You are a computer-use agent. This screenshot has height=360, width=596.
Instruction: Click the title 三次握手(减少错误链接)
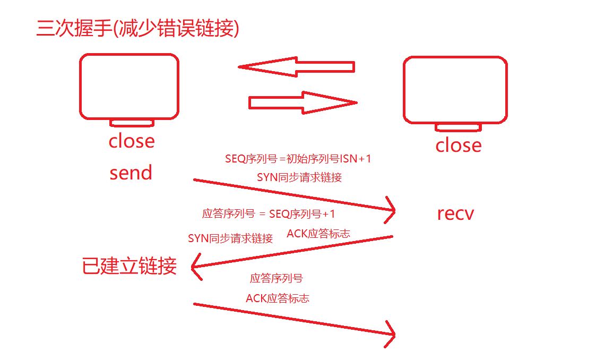(137, 28)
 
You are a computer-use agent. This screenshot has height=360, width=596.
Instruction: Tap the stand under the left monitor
(132, 123)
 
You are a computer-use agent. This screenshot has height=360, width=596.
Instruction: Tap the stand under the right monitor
(459, 127)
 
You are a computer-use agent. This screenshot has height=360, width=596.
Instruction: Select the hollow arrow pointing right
(303, 102)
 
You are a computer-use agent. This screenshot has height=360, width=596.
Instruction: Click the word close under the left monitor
(132, 141)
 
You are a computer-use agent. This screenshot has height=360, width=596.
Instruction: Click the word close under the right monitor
(459, 145)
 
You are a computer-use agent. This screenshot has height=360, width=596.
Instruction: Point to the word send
(131, 173)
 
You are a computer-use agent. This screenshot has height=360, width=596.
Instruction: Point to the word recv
(455, 213)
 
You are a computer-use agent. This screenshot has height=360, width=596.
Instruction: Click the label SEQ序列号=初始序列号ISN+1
(298, 159)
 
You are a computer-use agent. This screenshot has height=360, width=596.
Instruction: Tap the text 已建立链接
(129, 265)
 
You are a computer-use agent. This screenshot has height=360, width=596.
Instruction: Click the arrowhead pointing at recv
(392, 211)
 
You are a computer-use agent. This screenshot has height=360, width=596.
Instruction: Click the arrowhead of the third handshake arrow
(392, 334)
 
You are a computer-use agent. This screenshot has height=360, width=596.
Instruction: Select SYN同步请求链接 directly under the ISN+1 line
(299, 178)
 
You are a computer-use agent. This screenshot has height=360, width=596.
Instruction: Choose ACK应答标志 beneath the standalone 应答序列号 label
(277, 298)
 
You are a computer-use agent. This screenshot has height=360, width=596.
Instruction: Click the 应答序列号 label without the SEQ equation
(276, 278)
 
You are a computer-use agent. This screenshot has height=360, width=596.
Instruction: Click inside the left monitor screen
(129, 85)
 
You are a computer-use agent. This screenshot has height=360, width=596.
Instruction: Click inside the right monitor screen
(455, 90)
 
